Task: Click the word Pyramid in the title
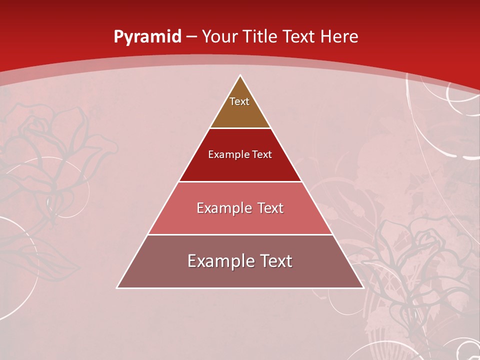(147, 36)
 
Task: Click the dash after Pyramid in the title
(191, 37)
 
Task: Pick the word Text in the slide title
(299, 36)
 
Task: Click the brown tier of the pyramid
(240, 112)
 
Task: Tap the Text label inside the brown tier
(239, 101)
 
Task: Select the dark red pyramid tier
(240, 165)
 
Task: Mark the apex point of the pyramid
(240, 75)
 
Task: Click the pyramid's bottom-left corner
(117, 287)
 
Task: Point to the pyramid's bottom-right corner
(363, 287)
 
